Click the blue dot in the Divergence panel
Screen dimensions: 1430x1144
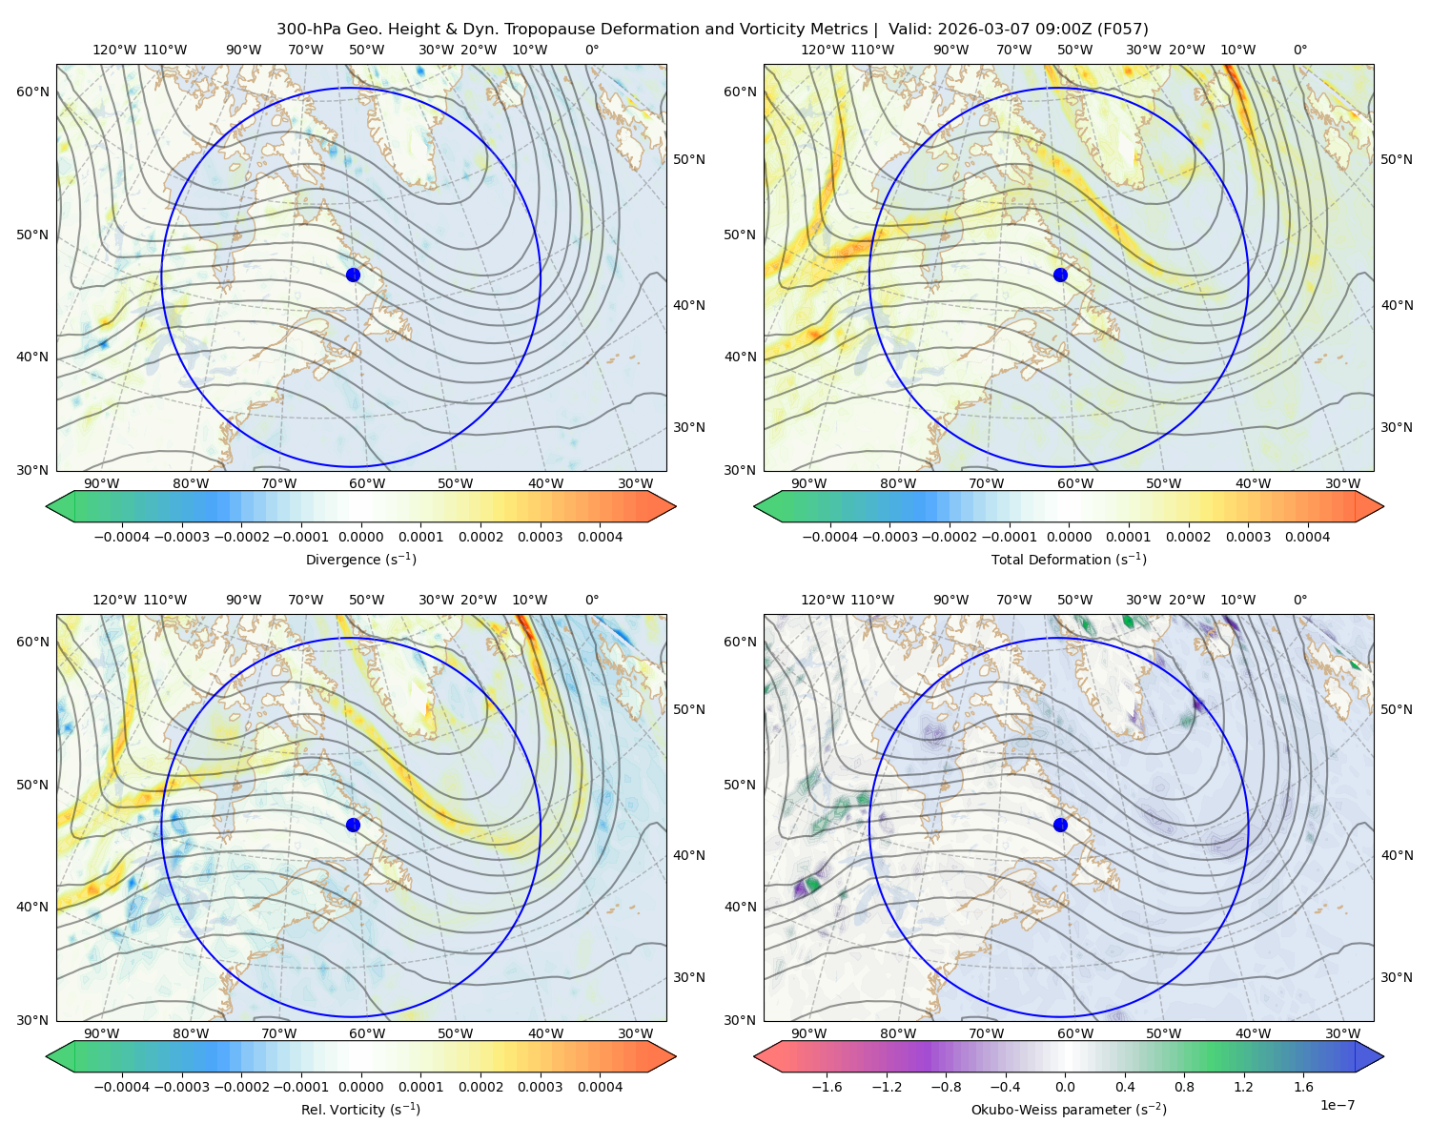point(353,276)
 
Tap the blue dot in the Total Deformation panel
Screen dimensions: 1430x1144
point(1060,276)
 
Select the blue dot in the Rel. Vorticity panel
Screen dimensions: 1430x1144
point(353,825)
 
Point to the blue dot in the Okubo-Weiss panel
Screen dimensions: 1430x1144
point(1060,825)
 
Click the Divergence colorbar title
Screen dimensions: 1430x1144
point(360,559)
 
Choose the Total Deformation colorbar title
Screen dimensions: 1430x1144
point(1069,559)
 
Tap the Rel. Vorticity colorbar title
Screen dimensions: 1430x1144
point(360,1110)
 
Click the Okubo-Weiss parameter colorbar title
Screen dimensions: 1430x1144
point(1069,1110)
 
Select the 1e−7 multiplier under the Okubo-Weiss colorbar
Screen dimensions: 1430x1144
point(1337,1106)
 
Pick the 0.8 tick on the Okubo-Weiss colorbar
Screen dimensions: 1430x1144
point(1184,1087)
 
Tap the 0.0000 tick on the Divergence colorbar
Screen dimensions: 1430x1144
point(360,537)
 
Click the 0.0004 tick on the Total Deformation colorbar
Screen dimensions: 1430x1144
point(1308,537)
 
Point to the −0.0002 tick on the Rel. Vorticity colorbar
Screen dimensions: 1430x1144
point(242,1087)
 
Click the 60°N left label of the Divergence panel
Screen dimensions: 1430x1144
point(32,92)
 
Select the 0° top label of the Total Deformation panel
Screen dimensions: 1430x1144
point(1299,50)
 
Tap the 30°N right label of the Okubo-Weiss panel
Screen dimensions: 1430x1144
point(1396,977)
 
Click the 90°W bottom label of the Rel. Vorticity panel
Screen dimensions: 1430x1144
point(102,1033)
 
